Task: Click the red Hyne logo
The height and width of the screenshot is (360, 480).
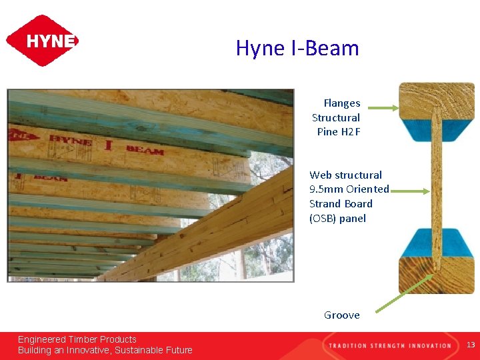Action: point(42,41)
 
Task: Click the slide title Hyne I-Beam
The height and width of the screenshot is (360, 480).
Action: point(297,48)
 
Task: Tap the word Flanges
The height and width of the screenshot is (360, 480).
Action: point(341,103)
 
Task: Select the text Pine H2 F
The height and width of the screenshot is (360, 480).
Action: point(339,131)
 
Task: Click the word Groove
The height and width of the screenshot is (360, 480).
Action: point(341,315)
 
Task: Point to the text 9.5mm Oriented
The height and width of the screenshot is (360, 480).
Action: point(349,189)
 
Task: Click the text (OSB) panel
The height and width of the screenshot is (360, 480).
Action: point(337,218)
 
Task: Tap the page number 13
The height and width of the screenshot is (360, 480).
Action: point(471,345)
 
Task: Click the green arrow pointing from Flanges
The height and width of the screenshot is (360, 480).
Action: point(383,107)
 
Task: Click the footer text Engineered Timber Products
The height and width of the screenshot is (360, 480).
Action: point(77,339)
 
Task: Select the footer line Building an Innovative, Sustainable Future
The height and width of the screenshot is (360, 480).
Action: point(105,350)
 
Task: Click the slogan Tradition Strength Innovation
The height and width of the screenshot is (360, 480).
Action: point(389,345)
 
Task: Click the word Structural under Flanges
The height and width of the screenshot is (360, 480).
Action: point(336,117)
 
